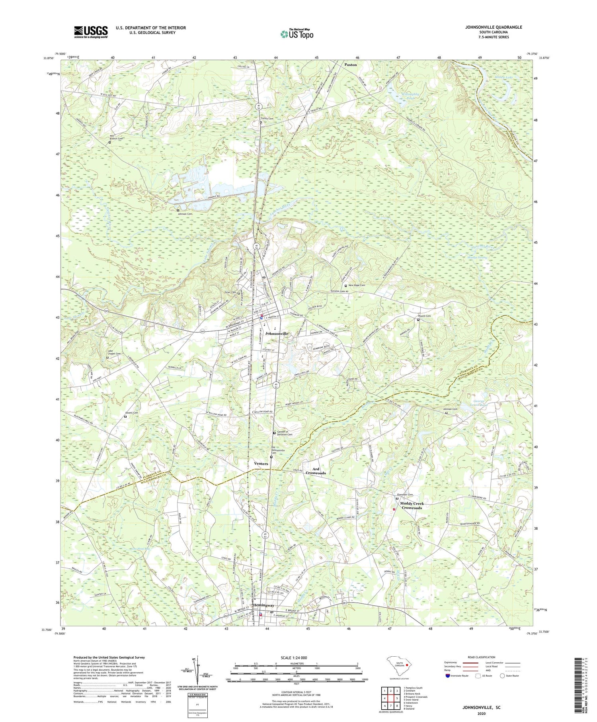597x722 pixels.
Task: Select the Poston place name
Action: point(351,65)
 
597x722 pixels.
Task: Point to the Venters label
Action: point(261,464)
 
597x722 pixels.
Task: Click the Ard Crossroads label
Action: point(316,471)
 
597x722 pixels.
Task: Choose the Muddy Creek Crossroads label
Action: point(412,506)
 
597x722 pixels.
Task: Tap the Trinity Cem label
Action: point(267,119)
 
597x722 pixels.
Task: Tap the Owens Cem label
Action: point(133,413)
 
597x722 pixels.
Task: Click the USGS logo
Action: point(91,31)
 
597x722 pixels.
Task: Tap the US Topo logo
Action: point(297,34)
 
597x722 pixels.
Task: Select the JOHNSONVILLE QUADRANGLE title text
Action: point(493,27)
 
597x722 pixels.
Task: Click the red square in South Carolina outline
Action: point(407,665)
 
